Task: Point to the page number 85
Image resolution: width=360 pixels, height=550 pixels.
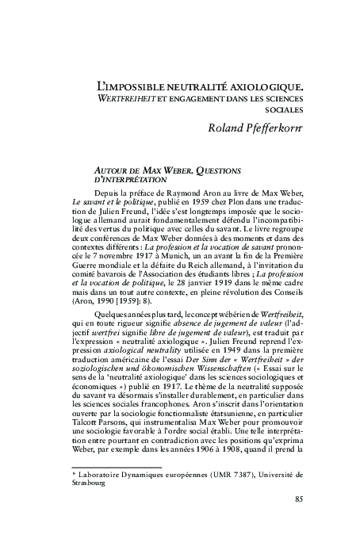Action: (x=298, y=498)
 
